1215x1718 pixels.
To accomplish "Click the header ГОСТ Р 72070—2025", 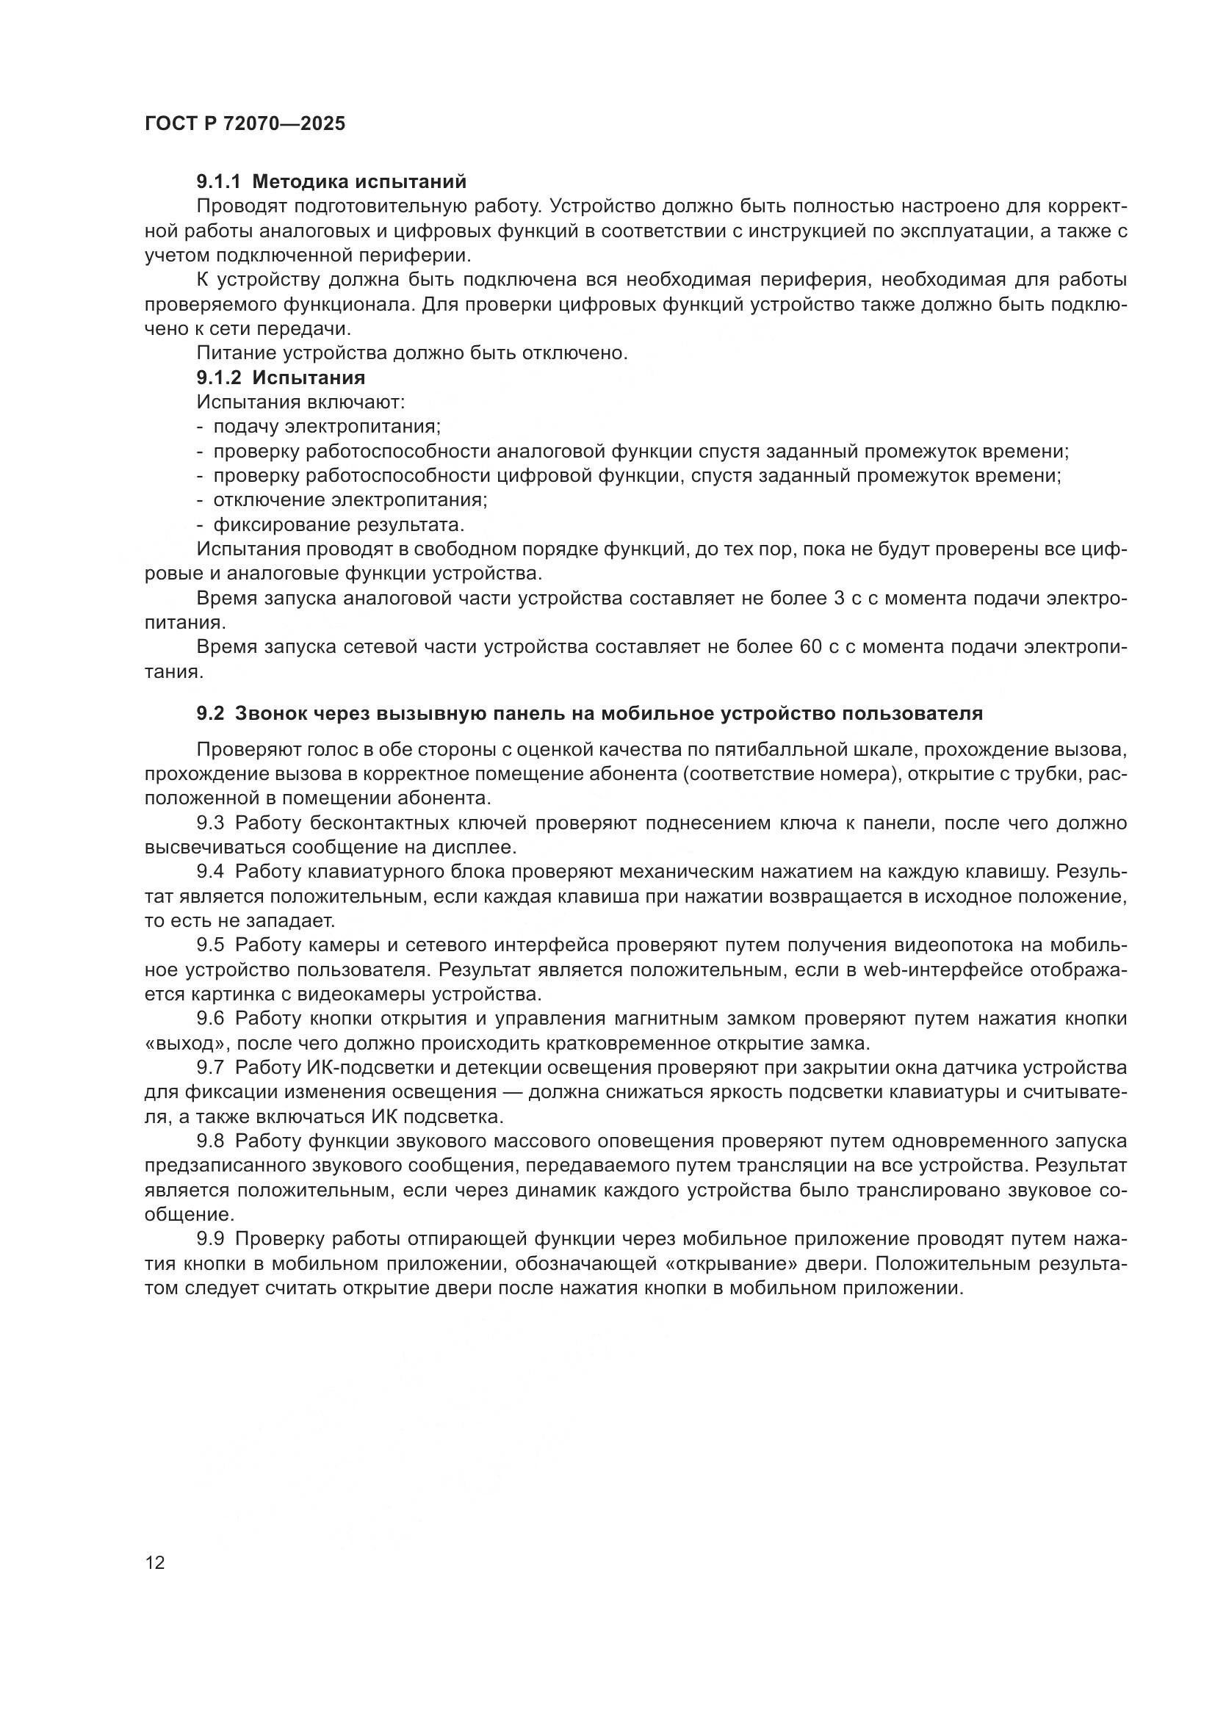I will (x=245, y=124).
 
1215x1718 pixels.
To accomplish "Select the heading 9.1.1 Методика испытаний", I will (x=331, y=181).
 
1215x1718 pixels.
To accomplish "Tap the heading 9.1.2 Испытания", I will (x=281, y=377).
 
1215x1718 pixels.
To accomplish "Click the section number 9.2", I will (x=210, y=713).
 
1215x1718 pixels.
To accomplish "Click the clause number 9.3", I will (x=210, y=823).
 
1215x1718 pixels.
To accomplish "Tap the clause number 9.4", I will (x=210, y=873).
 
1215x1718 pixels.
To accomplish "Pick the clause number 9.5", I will (x=210, y=946).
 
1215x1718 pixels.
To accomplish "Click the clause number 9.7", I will (x=210, y=1068).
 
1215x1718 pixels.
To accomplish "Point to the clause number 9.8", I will (x=210, y=1141).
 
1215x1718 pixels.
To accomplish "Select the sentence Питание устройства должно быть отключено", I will (x=411, y=353).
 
